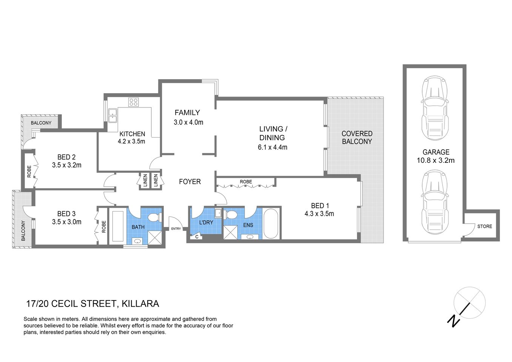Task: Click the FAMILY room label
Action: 187,112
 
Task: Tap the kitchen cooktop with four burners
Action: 133,102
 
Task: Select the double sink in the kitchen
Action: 112,115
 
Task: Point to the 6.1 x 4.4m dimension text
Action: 272,147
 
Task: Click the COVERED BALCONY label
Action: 357,138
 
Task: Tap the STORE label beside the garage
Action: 484,226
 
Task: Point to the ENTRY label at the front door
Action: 176,229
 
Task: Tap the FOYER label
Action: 190,182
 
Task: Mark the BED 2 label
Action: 66,157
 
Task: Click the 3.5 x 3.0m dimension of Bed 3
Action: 66,222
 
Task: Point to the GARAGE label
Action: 436,152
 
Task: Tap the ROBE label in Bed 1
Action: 246,182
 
